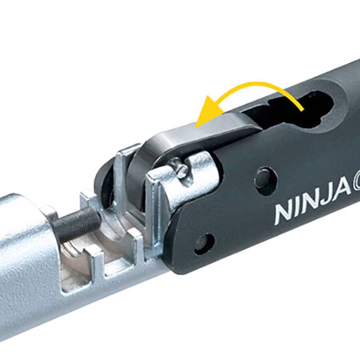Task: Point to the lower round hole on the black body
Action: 204,243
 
